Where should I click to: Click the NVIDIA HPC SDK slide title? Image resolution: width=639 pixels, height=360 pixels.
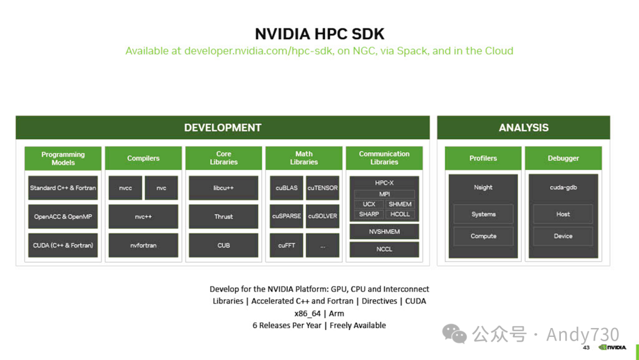[x=319, y=33]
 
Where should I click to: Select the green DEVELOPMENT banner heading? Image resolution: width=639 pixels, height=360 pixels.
[x=222, y=127]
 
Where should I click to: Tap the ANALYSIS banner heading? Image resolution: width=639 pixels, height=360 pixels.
[x=524, y=127]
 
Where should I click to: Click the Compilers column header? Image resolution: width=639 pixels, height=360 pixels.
[x=143, y=158]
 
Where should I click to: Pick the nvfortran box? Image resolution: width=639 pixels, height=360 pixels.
[x=143, y=245]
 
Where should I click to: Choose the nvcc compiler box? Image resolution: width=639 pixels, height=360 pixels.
[x=125, y=188]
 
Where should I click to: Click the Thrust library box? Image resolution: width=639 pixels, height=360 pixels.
[x=224, y=217]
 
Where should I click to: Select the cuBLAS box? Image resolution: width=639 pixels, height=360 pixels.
[x=286, y=188]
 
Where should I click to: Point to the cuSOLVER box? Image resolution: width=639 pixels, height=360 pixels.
[x=322, y=216]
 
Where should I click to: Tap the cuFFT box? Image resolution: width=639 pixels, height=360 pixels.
[x=286, y=245]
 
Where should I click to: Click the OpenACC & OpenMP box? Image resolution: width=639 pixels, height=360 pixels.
[x=63, y=217]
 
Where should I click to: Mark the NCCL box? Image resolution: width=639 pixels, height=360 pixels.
[x=384, y=249]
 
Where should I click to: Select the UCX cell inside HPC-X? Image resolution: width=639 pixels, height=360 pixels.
[x=369, y=204]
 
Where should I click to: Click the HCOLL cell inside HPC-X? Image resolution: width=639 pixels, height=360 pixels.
[x=400, y=214]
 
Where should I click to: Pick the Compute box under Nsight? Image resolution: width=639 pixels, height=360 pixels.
[x=483, y=236]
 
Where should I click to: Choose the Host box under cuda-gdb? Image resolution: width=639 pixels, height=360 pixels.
[x=563, y=214]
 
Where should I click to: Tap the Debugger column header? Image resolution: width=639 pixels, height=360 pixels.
[x=563, y=158]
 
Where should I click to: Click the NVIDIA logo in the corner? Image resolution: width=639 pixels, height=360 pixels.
[x=612, y=348]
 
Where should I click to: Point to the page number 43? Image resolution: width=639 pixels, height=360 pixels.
[x=586, y=348]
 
